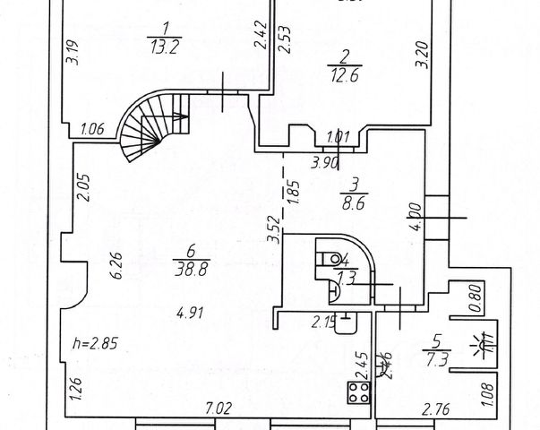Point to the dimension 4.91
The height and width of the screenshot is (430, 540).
coord(188,314)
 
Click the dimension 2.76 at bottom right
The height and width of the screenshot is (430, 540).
coord(436,408)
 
